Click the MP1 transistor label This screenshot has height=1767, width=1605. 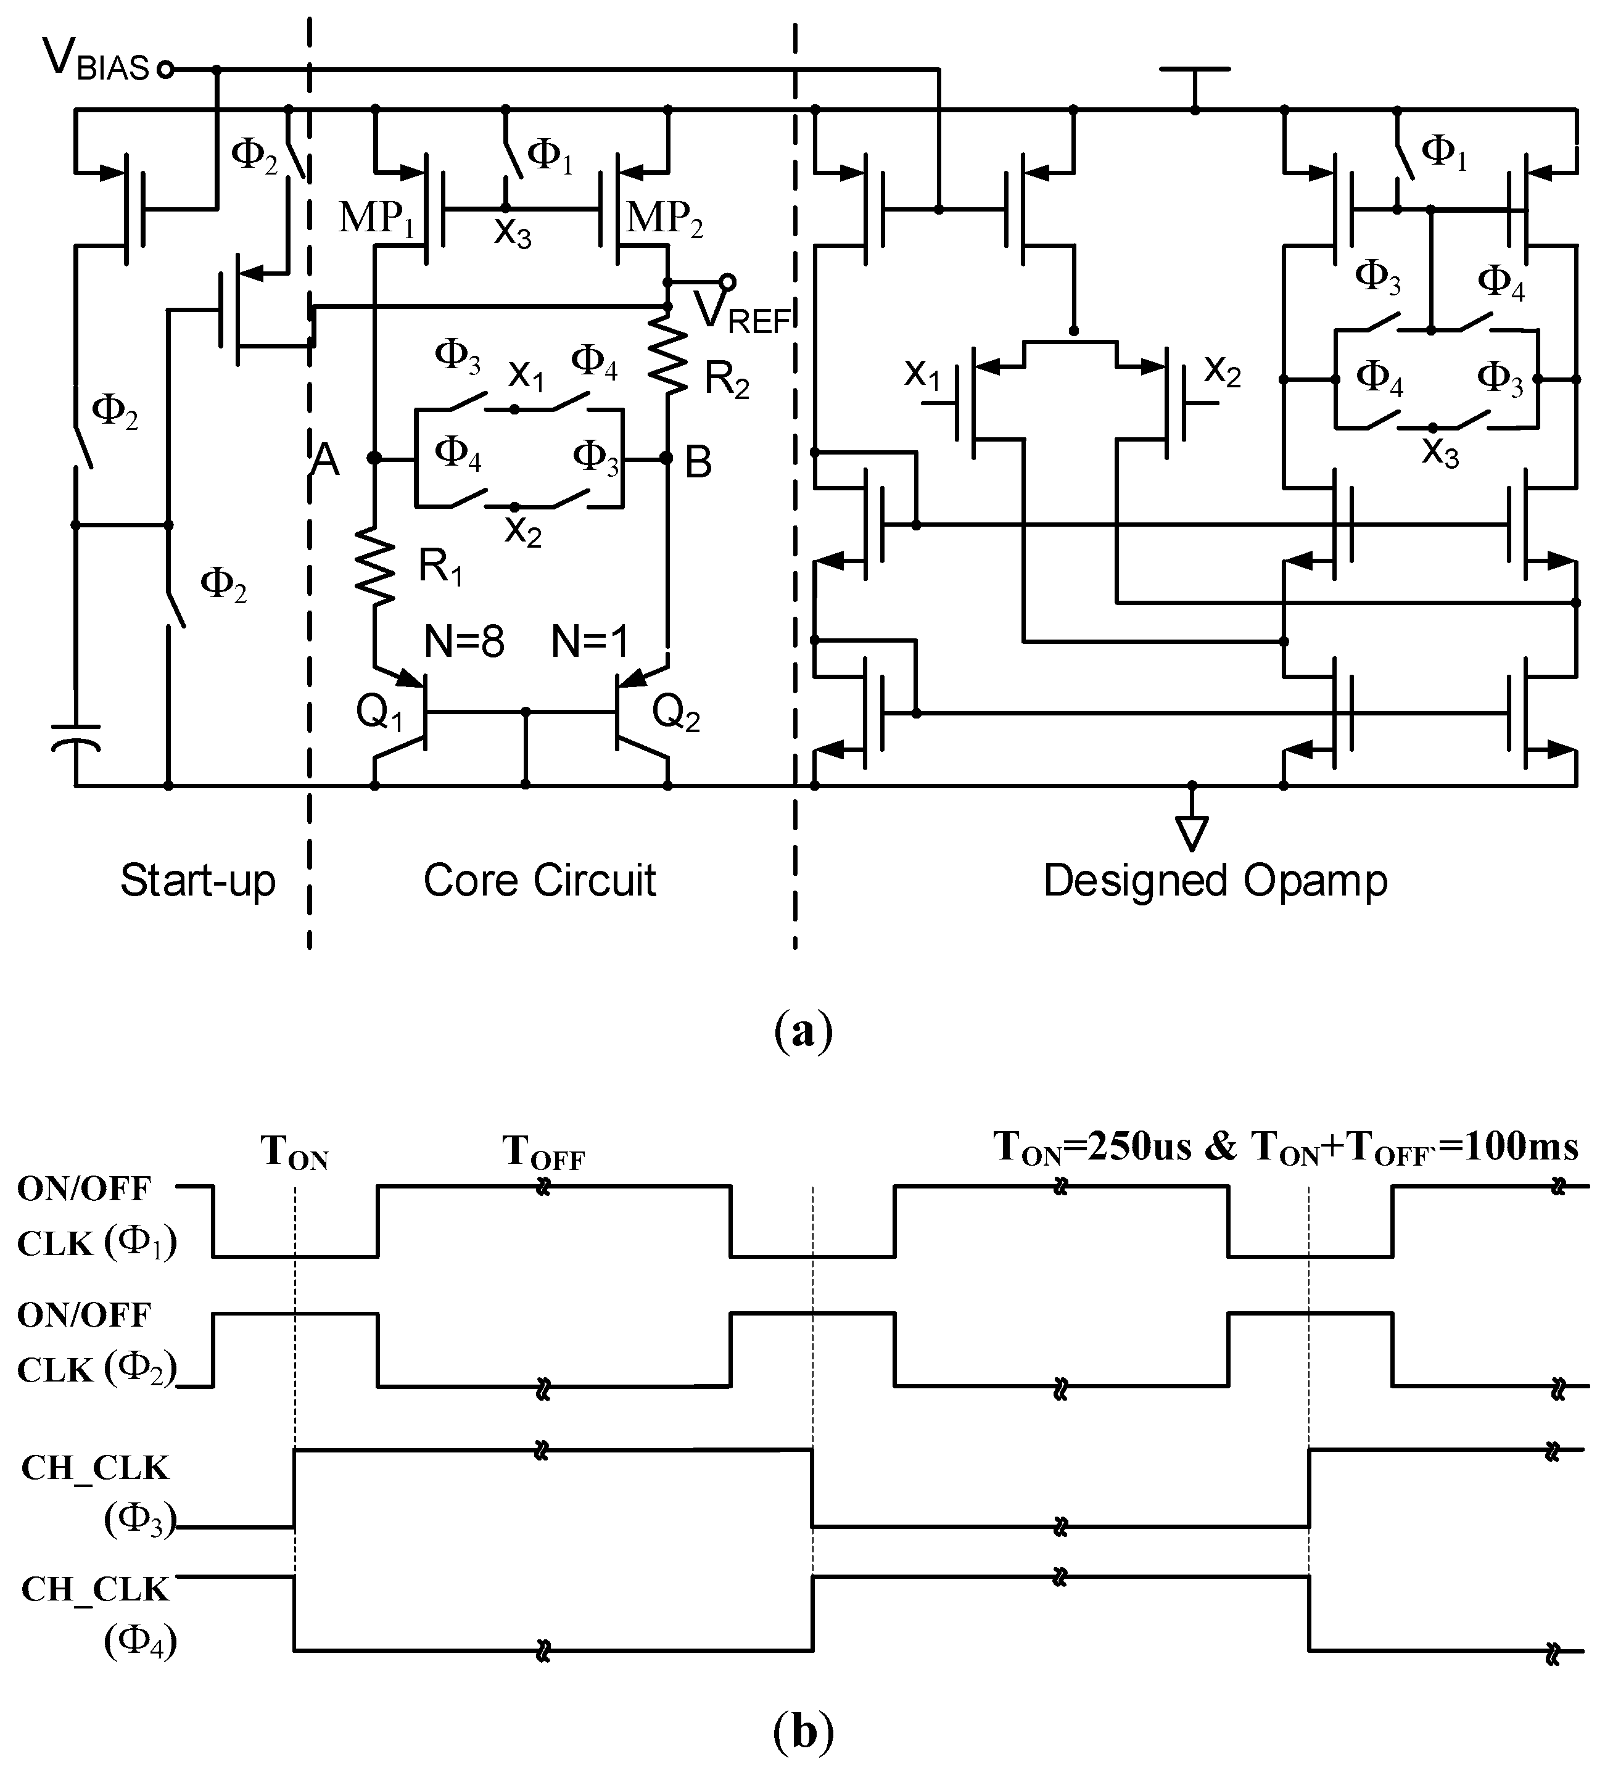click(377, 217)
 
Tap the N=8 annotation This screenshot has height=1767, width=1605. click(464, 643)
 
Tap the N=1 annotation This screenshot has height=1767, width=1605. click(590, 643)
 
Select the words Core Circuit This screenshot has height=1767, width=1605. click(539, 880)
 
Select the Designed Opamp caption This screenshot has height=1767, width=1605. click(1215, 881)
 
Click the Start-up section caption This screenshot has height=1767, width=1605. click(197, 880)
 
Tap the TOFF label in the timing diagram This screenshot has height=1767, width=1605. click(543, 1153)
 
